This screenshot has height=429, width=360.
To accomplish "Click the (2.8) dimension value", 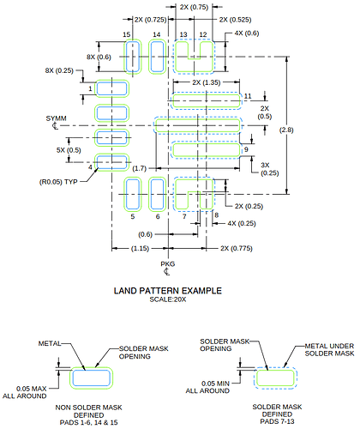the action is (286, 130).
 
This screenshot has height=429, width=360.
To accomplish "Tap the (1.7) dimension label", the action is (140, 168).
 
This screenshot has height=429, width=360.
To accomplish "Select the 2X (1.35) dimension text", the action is (207, 82).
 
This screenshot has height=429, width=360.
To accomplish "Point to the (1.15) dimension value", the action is (140, 248).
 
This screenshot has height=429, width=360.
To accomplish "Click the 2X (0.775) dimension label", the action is (237, 248).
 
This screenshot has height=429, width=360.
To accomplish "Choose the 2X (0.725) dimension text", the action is (151, 20).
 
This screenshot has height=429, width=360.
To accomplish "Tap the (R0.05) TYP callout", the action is (58, 182).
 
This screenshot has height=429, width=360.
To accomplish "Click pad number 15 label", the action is (127, 34).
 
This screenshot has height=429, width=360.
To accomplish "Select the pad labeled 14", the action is (157, 57).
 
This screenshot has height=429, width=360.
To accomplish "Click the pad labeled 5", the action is (133, 194).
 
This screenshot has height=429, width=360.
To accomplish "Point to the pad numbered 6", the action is (157, 194).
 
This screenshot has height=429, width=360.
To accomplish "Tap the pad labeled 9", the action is (207, 150).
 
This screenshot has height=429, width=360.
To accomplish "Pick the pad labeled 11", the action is (207, 100).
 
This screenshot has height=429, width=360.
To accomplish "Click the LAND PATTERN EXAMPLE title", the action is (168, 291).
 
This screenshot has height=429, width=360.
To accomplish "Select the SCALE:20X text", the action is (168, 299).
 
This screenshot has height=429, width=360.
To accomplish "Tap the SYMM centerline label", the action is (56, 118).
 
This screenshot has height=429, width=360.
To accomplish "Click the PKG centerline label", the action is (168, 263).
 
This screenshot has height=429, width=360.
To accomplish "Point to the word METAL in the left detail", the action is (50, 343).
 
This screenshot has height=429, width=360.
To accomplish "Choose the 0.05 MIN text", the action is (215, 384).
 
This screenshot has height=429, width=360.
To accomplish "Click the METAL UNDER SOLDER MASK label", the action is (329, 350).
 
